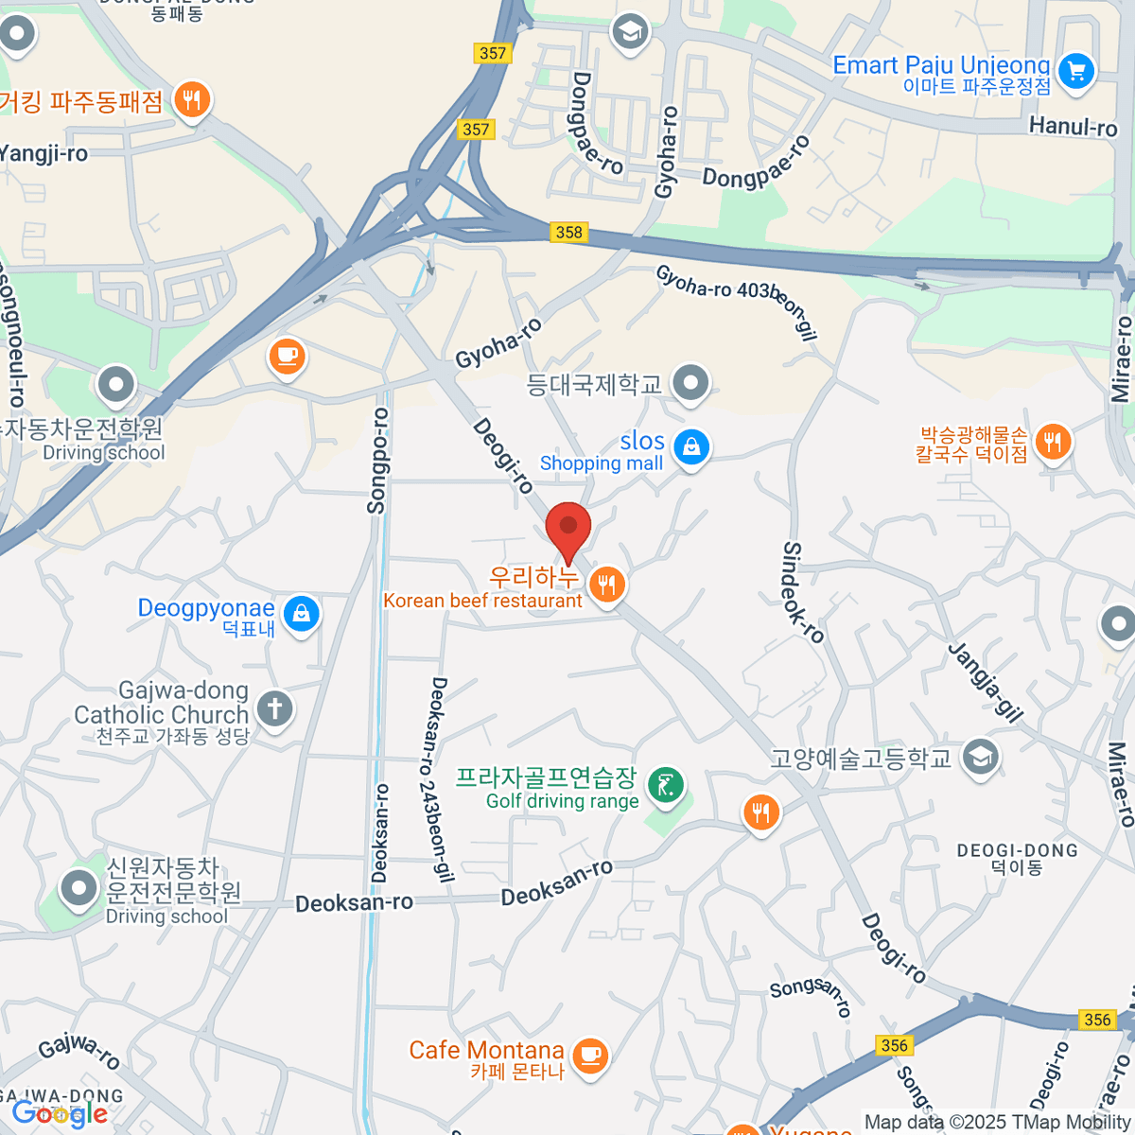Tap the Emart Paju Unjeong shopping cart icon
1075,71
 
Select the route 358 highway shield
569,232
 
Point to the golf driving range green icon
667,784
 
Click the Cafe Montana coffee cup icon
590,1054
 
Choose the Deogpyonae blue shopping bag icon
302,613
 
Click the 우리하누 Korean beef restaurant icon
606,585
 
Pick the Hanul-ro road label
1073,126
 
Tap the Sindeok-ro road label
803,593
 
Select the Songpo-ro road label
378,461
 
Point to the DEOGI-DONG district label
1017,850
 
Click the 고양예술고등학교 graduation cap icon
980,757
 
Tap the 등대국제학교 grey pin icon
690,383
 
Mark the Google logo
59,1114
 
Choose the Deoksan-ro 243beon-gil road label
441,779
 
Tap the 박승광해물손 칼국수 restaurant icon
1053,441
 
